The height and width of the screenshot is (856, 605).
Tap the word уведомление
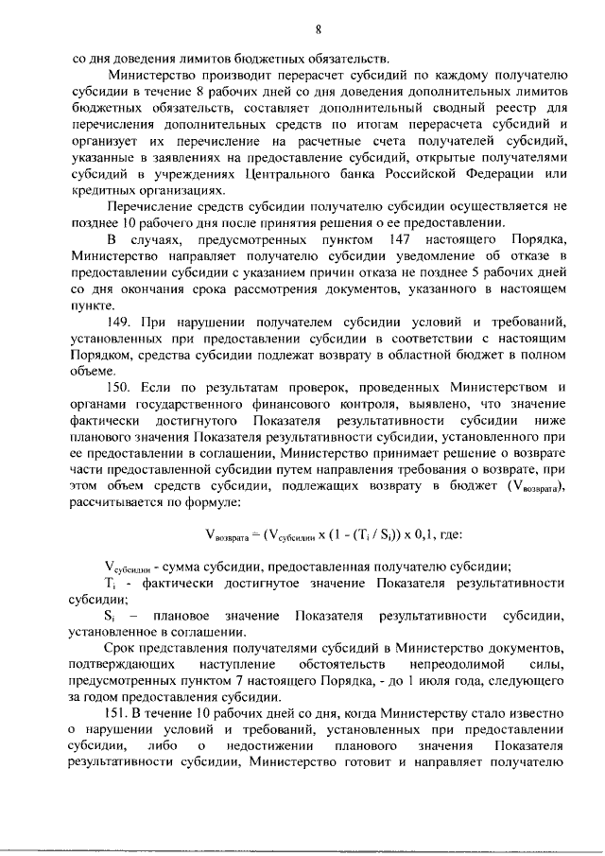coord(403,257)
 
